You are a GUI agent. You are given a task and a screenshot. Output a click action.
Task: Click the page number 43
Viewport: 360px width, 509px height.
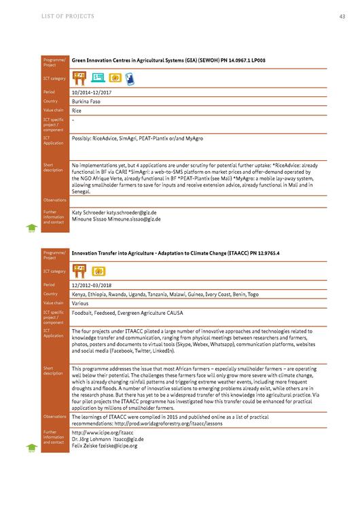(x=342, y=16)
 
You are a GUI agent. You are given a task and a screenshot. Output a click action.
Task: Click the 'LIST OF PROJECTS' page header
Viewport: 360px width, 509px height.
(x=68, y=16)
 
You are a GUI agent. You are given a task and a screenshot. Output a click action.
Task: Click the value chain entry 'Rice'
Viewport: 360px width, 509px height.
(x=77, y=109)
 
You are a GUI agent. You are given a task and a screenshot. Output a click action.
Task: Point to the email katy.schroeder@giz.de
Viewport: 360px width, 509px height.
(x=131, y=212)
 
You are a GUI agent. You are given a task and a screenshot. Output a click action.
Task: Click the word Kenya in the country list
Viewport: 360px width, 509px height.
(x=79, y=294)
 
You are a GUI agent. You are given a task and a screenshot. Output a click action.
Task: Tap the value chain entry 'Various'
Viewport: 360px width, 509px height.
(x=82, y=303)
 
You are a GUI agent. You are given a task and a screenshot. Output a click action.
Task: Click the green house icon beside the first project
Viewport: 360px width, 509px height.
(x=31, y=227)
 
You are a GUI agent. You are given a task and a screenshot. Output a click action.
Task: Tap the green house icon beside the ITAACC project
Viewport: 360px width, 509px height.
(x=31, y=447)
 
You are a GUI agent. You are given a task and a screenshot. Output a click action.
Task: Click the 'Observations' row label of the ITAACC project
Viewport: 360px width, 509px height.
(x=54, y=417)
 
